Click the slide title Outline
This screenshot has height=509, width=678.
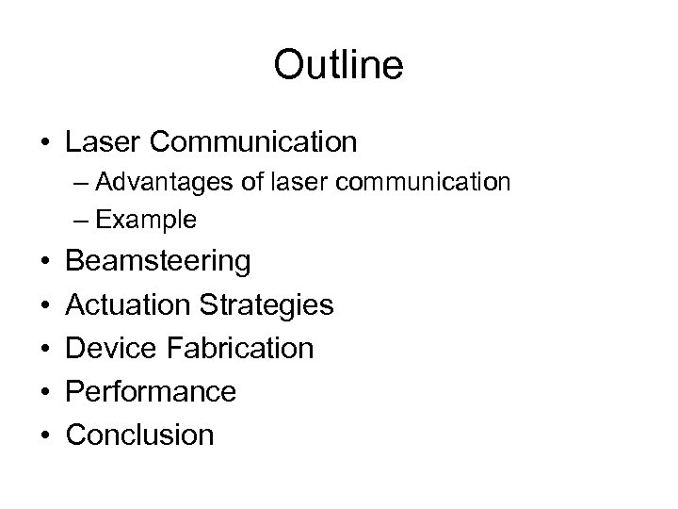[338, 65]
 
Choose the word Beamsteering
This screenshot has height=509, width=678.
[158, 260]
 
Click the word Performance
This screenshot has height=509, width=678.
[151, 391]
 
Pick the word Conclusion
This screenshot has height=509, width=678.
[140, 435]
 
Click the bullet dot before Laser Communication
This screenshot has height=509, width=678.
[45, 142]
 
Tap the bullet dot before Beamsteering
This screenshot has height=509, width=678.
[45, 261]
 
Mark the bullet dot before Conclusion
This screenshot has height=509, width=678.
[45, 435]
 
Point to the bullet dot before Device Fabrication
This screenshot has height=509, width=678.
[45, 349]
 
